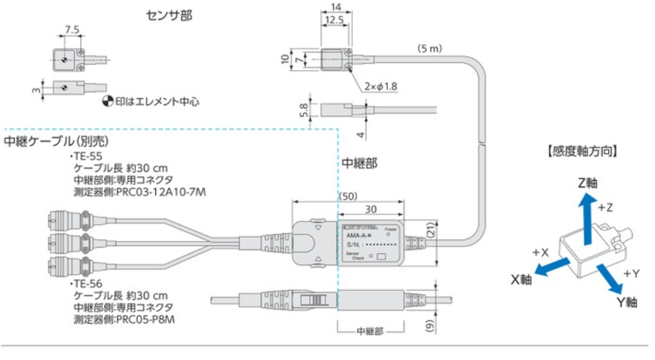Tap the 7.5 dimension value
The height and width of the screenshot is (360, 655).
[x=73, y=30]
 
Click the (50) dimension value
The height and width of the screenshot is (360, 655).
[x=350, y=196]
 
